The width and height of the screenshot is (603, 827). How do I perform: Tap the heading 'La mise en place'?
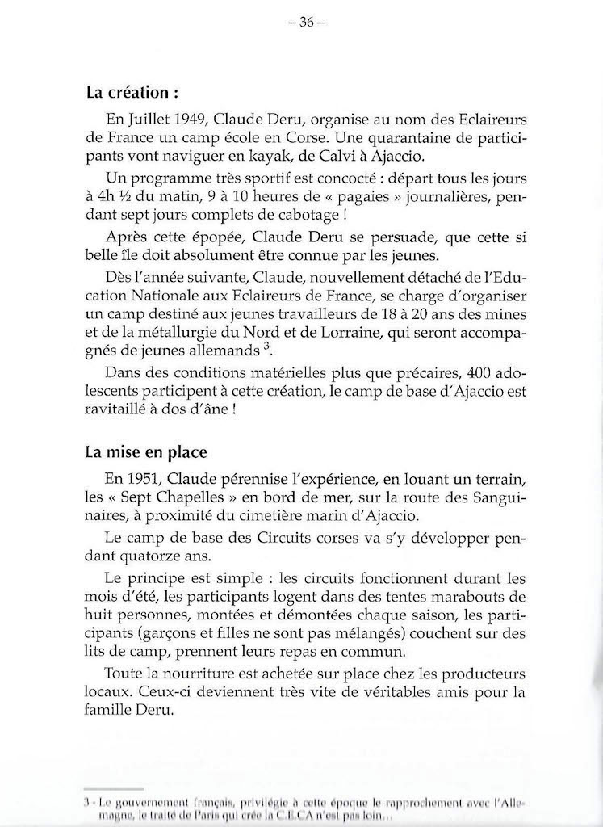tap(141, 452)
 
